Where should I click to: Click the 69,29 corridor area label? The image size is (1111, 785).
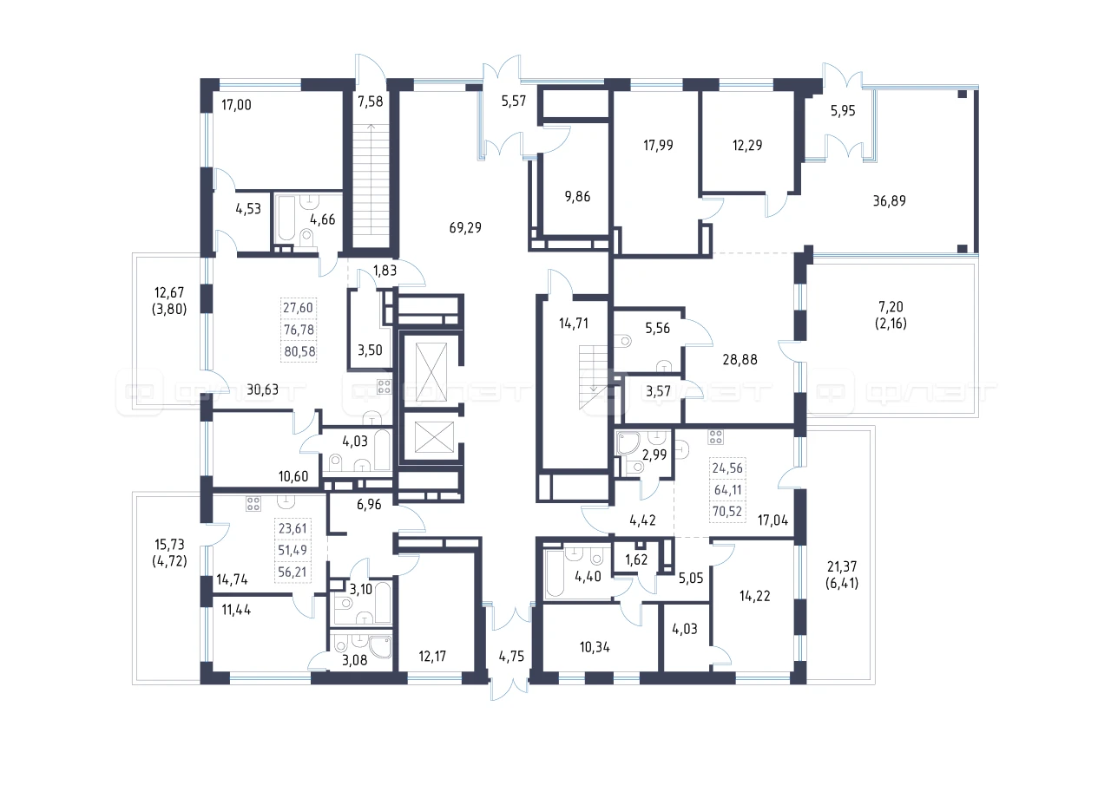tap(465, 227)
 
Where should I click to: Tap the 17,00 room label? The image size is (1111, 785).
tap(236, 105)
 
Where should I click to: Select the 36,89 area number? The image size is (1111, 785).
tap(890, 200)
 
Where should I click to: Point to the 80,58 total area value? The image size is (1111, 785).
tap(299, 351)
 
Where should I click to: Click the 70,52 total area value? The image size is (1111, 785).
tap(727, 511)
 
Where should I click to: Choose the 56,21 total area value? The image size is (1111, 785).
tap(293, 572)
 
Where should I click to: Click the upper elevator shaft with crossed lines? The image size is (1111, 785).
tap(431, 372)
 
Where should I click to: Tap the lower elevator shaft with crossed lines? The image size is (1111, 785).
tap(434, 436)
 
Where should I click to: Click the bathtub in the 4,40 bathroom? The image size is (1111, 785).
tap(554, 572)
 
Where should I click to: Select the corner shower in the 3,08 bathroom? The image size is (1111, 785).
tap(380, 647)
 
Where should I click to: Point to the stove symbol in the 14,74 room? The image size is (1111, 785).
tap(253, 504)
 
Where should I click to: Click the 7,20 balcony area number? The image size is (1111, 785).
tap(891, 307)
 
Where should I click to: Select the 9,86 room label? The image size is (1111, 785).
tap(577, 196)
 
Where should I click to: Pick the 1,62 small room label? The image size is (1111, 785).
tap(636, 559)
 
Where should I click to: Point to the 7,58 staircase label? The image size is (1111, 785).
tap(371, 101)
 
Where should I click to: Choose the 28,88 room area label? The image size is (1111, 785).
tap(740, 359)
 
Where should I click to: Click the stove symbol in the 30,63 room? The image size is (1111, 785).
tap(385, 387)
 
